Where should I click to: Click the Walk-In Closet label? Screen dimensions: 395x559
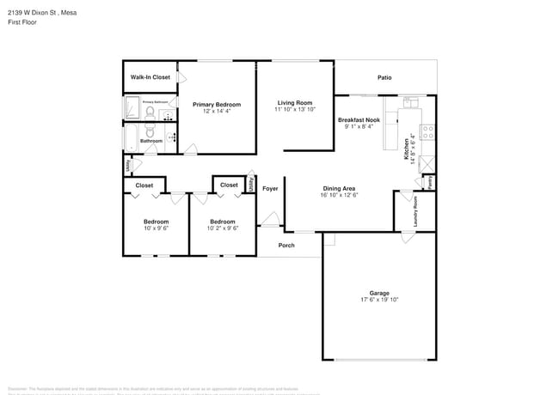pyautogui.click(x=150, y=77)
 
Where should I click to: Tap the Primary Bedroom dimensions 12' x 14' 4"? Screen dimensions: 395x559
pyautogui.click(x=216, y=112)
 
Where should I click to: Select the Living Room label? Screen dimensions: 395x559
pyautogui.click(x=295, y=103)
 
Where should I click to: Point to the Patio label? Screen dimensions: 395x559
pyautogui.click(x=384, y=78)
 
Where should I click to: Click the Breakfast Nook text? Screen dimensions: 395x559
pyautogui.click(x=359, y=120)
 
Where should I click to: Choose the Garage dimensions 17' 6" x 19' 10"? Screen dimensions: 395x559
pyautogui.click(x=379, y=301)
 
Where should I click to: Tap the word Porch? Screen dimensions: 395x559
pyautogui.click(x=286, y=246)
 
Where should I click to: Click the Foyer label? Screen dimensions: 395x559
pyautogui.click(x=270, y=189)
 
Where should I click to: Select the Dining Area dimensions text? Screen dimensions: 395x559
pyautogui.click(x=340, y=196)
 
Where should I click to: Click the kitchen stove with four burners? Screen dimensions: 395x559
pyautogui.click(x=427, y=133)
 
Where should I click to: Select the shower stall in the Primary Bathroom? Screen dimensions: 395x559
pyautogui.click(x=132, y=108)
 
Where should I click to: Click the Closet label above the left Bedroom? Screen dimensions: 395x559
pyautogui.click(x=144, y=185)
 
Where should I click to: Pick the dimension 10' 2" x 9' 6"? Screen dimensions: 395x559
pyautogui.click(x=223, y=228)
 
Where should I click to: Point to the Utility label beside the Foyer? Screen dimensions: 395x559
pyautogui.click(x=251, y=183)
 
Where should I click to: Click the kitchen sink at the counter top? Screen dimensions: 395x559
pyautogui.click(x=408, y=104)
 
